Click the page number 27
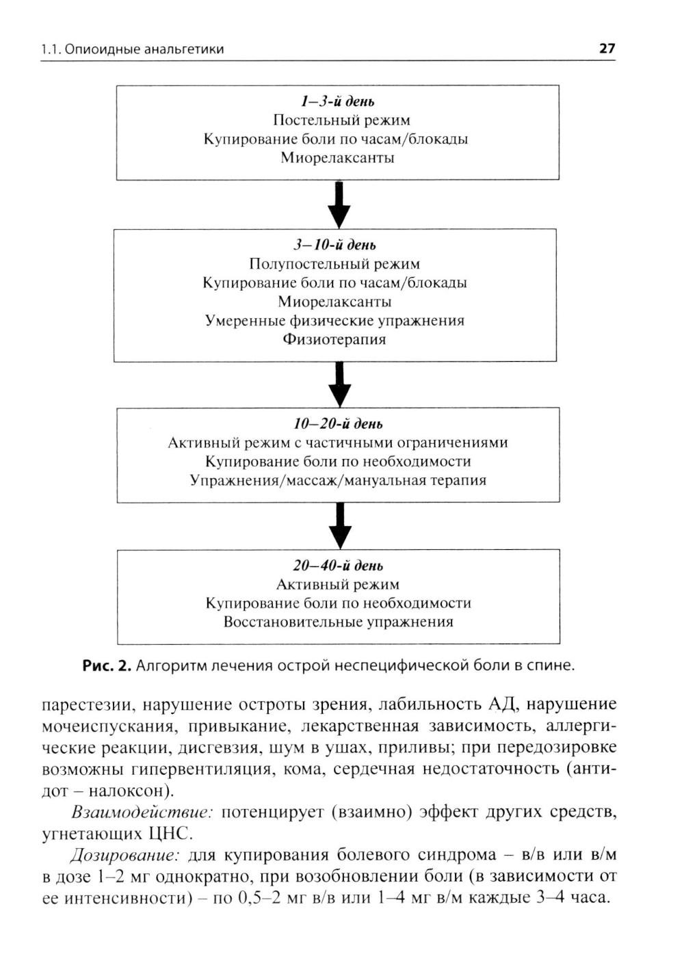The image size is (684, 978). pyautogui.click(x=607, y=49)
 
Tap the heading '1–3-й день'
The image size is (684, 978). pyautogui.click(x=338, y=102)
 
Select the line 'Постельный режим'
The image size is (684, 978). pyautogui.click(x=338, y=120)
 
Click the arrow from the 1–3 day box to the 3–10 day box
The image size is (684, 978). pyautogui.click(x=339, y=204)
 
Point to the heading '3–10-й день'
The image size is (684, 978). pyautogui.click(x=335, y=246)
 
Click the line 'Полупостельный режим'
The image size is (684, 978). pyautogui.click(x=334, y=264)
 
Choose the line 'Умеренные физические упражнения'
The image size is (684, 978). pyautogui.click(x=334, y=321)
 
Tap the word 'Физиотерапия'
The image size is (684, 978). pyautogui.click(x=334, y=339)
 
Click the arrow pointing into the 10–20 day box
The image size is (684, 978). pyautogui.click(x=339, y=384)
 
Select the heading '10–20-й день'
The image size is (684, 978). pyautogui.click(x=338, y=424)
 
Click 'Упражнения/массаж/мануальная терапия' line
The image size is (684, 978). pyautogui.click(x=338, y=480)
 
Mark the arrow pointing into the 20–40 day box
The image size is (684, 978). pyautogui.click(x=339, y=526)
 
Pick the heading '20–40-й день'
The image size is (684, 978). pyautogui.click(x=338, y=566)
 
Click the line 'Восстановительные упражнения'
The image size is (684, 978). pyautogui.click(x=338, y=622)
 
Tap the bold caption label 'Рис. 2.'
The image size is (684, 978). pyautogui.click(x=106, y=665)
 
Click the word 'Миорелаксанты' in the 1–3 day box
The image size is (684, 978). pyautogui.click(x=338, y=158)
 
